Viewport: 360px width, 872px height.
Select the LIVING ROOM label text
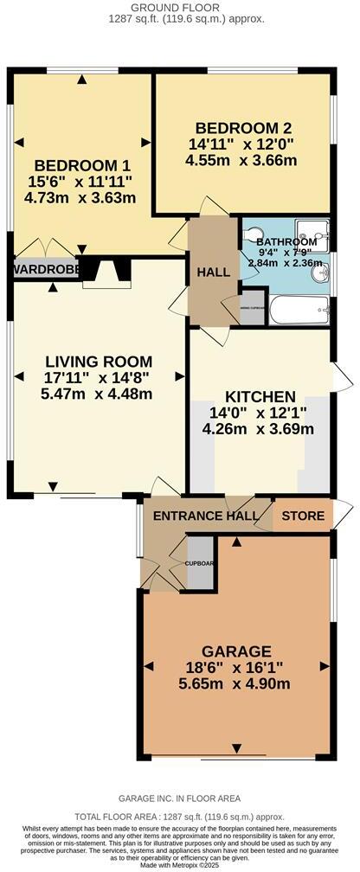pos(97,362)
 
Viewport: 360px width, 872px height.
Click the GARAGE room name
pos(236,651)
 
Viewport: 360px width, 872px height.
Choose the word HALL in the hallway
pos(214,272)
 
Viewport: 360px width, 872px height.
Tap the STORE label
pos(303,516)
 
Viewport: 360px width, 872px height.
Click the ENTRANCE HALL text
pos(206,516)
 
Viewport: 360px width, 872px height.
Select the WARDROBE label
pos(43,270)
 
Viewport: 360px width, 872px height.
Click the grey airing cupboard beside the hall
pos(252,310)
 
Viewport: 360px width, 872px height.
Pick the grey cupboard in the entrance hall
pos(200,562)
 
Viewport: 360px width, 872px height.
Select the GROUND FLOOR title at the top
pos(179,8)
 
